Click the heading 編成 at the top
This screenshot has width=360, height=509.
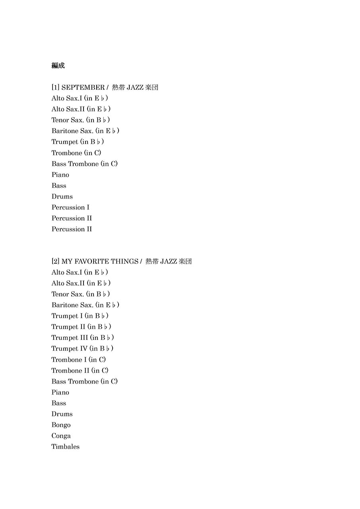pyautogui.click(x=58, y=66)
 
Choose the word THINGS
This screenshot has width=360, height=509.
pyautogui.click(x=124, y=262)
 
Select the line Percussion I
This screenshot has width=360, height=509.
pyautogui.click(x=70, y=208)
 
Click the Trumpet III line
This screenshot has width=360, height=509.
pyautogui.click(x=83, y=338)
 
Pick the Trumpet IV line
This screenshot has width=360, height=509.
pyautogui.click(x=82, y=349)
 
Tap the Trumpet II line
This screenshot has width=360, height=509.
pyautogui.click(x=81, y=327)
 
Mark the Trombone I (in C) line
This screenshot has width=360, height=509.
pyautogui.click(x=78, y=360)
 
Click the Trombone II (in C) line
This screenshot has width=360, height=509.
pyautogui.click(x=80, y=371)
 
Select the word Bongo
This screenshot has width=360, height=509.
pyautogui.click(x=61, y=425)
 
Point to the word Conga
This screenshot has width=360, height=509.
pyautogui.click(x=61, y=436)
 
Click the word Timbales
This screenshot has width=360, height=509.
pyautogui.click(x=65, y=447)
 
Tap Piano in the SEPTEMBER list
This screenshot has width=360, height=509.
pyautogui.click(x=60, y=175)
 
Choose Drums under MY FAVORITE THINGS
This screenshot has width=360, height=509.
pyautogui.click(x=62, y=414)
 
